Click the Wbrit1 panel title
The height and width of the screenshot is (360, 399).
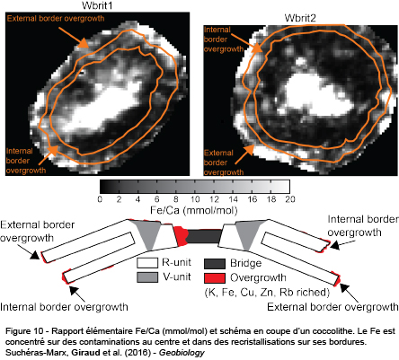click(97, 5)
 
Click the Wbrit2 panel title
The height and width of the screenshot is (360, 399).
click(300, 18)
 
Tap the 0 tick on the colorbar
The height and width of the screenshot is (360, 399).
click(100, 199)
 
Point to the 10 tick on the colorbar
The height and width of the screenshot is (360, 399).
click(195, 199)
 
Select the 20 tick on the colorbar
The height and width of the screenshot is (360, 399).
click(290, 199)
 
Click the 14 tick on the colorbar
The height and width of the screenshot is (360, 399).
click(233, 199)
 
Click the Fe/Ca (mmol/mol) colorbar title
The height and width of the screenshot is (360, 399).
click(194, 210)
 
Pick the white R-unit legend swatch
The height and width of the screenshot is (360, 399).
click(147, 263)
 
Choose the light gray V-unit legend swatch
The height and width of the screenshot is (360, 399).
click(147, 277)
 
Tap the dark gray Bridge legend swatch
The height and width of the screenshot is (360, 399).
click(215, 263)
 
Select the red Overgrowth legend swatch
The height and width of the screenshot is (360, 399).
click(215, 278)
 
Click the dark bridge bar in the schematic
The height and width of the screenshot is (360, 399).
click(204, 236)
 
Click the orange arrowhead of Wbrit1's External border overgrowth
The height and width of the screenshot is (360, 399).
click(84, 43)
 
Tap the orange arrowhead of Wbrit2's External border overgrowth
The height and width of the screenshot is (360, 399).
click(249, 150)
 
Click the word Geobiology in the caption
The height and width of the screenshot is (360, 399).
click(182, 353)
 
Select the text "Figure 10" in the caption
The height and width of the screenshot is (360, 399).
click(24, 331)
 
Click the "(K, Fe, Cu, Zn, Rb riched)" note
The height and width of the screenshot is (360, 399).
click(267, 292)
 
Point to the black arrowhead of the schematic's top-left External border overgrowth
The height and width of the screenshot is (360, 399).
click(35, 255)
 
